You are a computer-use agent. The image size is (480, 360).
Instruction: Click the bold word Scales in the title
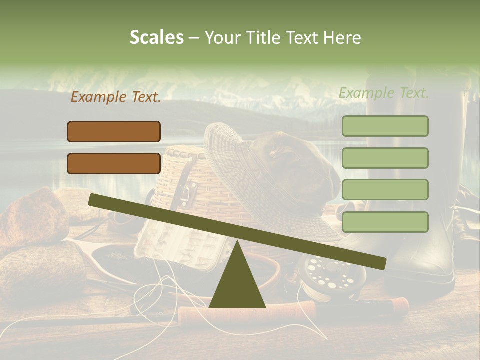[x=156, y=37]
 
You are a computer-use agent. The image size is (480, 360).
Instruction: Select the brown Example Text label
[x=116, y=97]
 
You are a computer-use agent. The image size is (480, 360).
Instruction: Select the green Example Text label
[x=384, y=93]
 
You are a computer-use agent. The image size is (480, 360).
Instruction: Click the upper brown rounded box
[x=114, y=131]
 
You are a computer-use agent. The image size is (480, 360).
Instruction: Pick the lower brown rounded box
[x=114, y=163]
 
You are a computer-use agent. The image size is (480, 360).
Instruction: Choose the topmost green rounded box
[x=385, y=126]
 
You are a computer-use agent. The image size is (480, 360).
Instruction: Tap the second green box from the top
[x=385, y=158]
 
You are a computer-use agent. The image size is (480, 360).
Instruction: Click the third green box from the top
[x=385, y=190]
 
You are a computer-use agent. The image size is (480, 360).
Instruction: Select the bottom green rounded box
[x=385, y=222]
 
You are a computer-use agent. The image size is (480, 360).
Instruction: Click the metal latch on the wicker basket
[x=188, y=192]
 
